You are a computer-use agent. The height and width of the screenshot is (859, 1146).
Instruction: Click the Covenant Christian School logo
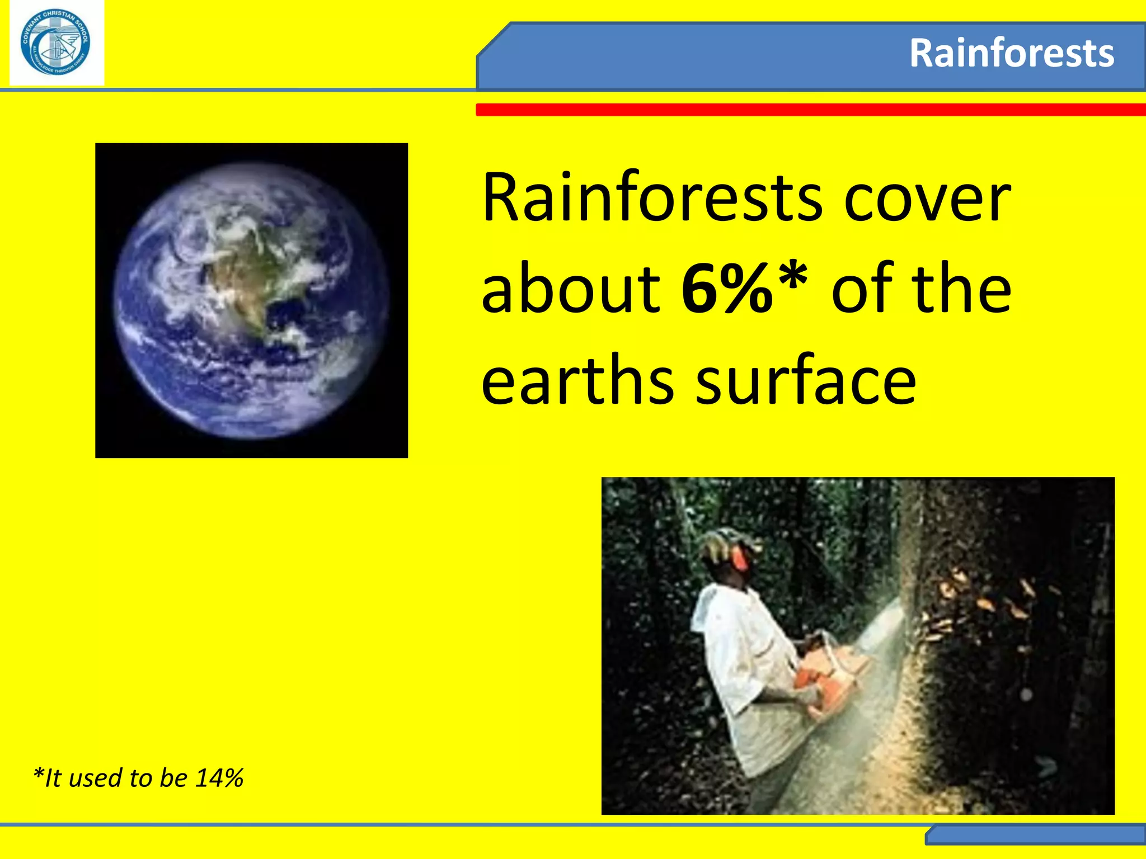[x=55, y=44]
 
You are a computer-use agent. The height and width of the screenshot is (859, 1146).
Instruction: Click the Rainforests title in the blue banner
[x=1011, y=54]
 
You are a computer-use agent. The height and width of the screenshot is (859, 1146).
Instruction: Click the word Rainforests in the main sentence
[x=651, y=199]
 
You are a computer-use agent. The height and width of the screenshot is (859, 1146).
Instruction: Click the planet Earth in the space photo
[x=251, y=300]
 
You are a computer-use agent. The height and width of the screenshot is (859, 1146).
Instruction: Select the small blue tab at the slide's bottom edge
[x=1035, y=836]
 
